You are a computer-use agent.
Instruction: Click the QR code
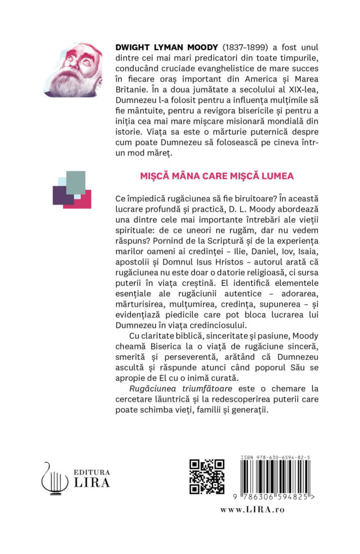(206, 476)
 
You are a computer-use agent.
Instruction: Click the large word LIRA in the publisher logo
(91, 482)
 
